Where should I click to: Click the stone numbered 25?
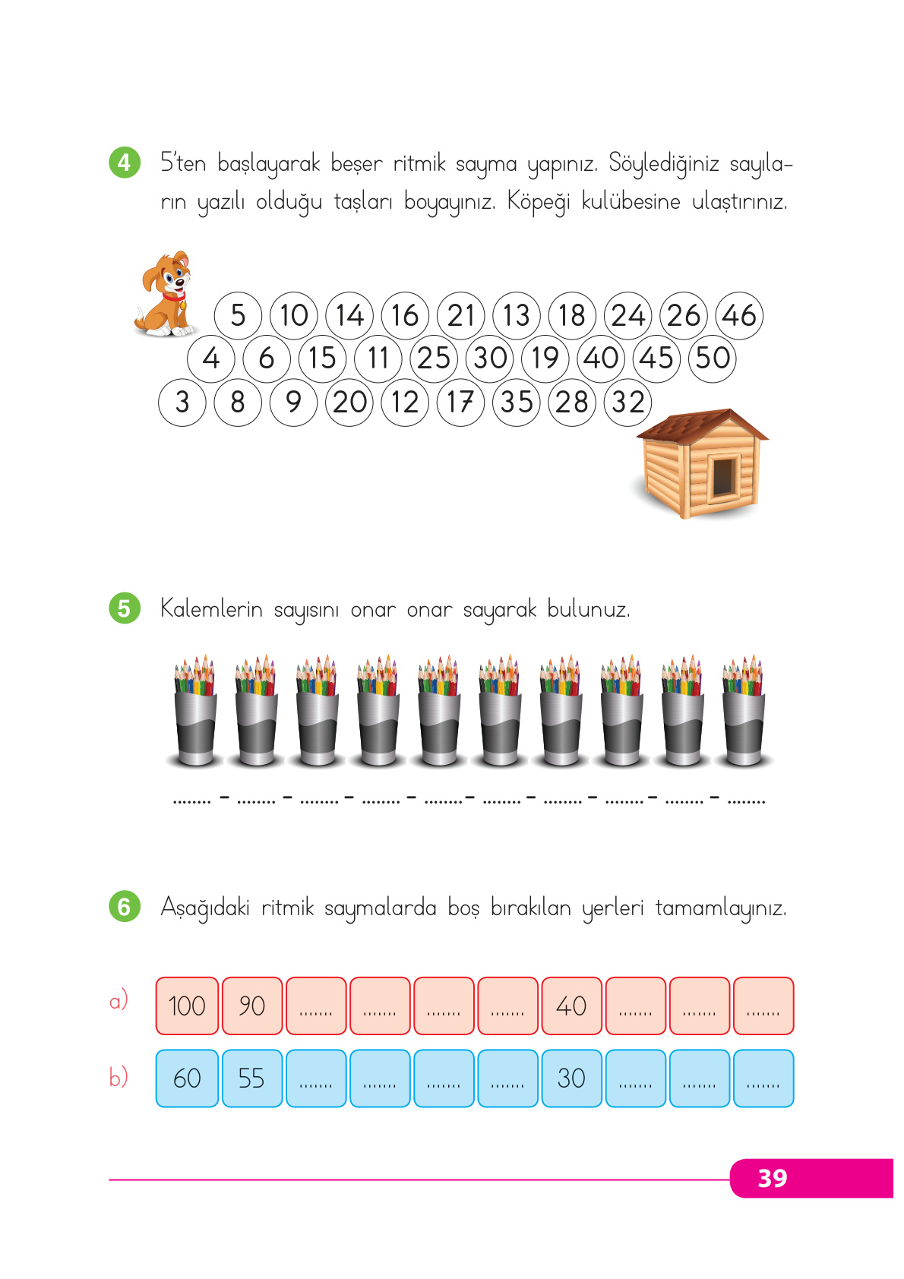(x=434, y=358)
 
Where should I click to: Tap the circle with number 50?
(x=713, y=358)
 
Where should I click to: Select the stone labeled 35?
(x=517, y=402)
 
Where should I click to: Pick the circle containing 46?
(x=739, y=315)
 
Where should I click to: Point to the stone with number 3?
(x=182, y=402)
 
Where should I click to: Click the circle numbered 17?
(x=460, y=402)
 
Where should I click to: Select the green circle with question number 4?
(x=125, y=163)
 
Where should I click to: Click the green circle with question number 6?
(x=125, y=906)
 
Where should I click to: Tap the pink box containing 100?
(x=187, y=1006)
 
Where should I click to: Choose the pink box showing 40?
(x=571, y=1006)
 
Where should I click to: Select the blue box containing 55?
(x=251, y=1078)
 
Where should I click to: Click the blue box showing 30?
(x=571, y=1078)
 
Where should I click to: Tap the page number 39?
(x=773, y=1178)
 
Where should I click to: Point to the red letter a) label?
(x=119, y=1001)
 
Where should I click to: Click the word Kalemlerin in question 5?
(x=211, y=609)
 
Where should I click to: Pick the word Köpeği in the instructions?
(x=538, y=202)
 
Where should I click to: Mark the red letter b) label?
(x=119, y=1077)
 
